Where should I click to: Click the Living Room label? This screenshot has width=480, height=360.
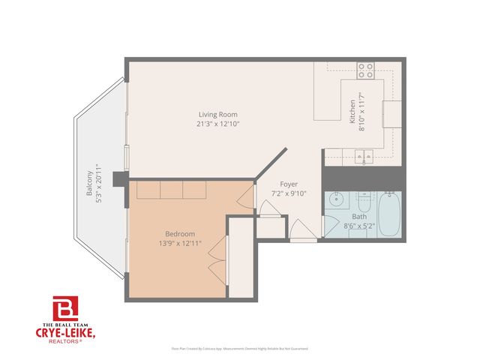point(213,114)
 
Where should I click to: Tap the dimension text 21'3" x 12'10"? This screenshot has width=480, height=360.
point(213,123)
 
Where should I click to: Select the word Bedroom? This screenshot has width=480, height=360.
point(180,233)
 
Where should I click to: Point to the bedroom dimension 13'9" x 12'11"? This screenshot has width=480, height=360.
point(180,243)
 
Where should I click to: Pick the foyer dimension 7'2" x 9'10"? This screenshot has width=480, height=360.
point(289,193)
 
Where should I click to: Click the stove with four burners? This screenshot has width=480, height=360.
point(366,71)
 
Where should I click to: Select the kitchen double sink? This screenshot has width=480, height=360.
point(364,157)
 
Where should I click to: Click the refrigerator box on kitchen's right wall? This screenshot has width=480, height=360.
point(392,114)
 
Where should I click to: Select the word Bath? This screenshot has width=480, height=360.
point(359,217)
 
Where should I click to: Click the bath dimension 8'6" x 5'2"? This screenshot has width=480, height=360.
point(359,225)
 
